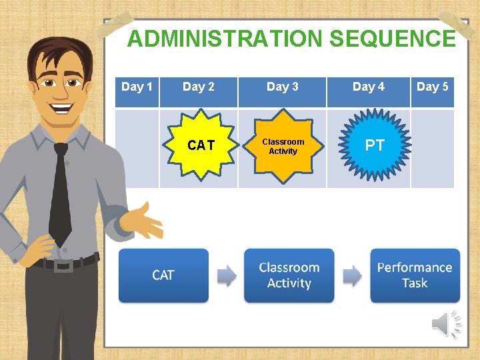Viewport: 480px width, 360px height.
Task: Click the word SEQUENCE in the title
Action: (393, 39)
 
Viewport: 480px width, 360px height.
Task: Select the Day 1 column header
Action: (137, 87)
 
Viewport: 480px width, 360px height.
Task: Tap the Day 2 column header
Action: (199, 87)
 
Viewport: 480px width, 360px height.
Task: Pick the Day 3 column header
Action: (282, 87)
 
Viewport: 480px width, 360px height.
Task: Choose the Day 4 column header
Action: (368, 87)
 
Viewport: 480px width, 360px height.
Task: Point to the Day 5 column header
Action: (432, 87)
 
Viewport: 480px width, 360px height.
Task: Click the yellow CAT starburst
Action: (201, 146)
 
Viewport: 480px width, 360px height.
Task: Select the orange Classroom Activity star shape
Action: (283, 147)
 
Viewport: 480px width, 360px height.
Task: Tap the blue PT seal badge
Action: (375, 146)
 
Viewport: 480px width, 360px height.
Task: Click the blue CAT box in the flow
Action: (163, 275)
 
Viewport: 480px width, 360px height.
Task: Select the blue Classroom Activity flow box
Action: (289, 275)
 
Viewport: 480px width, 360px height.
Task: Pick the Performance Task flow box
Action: (415, 275)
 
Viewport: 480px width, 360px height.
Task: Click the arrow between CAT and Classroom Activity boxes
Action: (227, 275)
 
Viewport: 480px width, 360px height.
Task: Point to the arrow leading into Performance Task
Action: (352, 275)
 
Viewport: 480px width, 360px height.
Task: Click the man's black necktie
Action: (61, 193)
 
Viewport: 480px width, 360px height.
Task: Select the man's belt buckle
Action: (63, 265)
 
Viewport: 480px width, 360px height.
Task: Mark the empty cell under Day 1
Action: (137, 149)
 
